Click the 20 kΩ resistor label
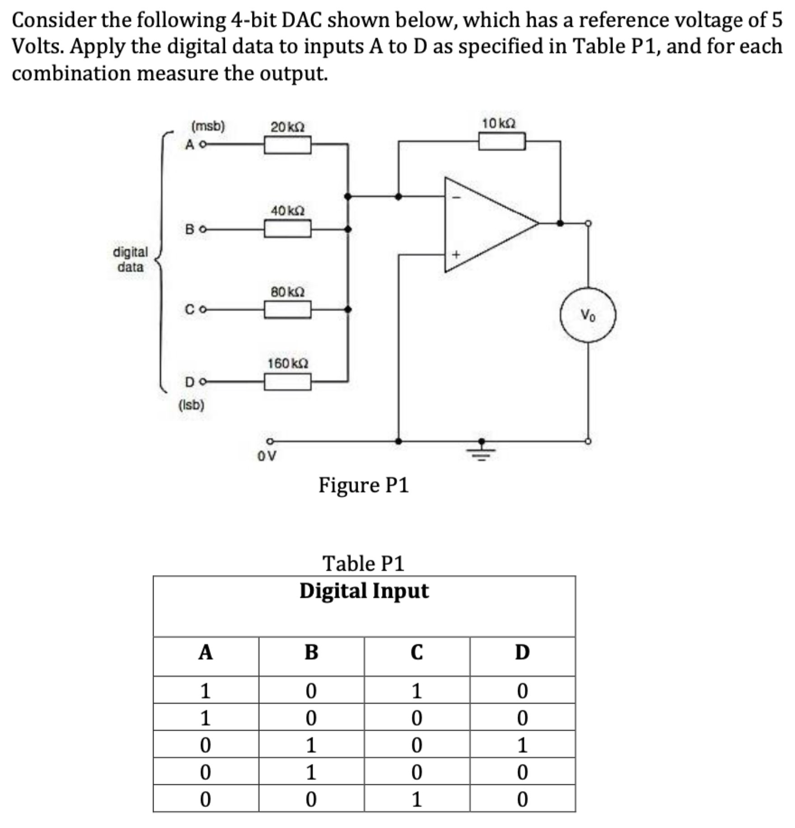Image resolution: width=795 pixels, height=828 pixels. click(x=287, y=127)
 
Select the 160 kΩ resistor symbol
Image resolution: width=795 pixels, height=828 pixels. click(x=287, y=382)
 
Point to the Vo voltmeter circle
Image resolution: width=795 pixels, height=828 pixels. click(x=588, y=315)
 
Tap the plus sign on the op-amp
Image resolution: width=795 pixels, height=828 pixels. click(x=456, y=255)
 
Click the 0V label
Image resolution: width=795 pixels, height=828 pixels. click(x=267, y=456)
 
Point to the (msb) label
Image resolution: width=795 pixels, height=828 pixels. click(x=208, y=126)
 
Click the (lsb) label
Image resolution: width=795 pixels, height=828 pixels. click(x=192, y=405)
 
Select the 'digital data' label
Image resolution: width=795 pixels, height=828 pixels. click(x=130, y=259)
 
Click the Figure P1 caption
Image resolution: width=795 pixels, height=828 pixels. click(x=364, y=485)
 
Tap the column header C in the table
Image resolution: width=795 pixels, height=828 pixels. click(x=416, y=652)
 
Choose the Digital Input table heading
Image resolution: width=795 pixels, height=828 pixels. click(x=364, y=591)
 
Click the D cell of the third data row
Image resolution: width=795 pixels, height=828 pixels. click(x=522, y=745)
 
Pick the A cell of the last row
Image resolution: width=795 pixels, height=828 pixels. click(x=205, y=800)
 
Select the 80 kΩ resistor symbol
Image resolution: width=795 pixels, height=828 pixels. click(x=287, y=310)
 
